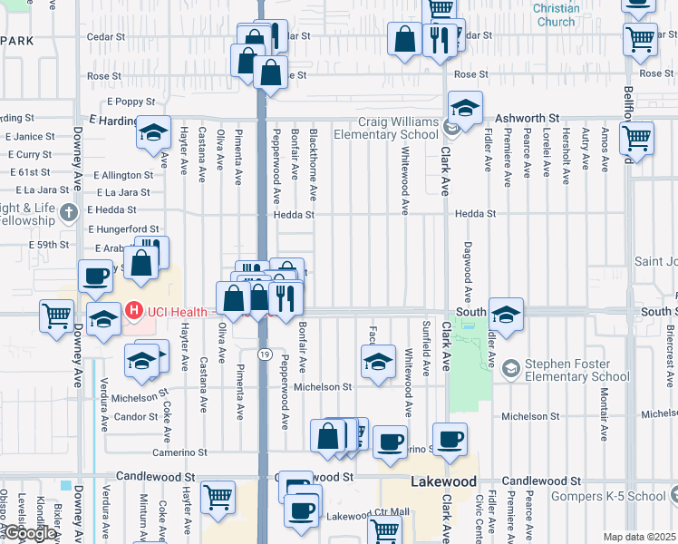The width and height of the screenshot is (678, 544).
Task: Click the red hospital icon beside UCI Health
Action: (134, 312)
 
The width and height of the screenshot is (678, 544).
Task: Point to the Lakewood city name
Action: (444, 481)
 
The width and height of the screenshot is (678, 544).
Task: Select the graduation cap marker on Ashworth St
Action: (465, 110)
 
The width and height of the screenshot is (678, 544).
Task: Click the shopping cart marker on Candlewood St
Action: (218, 497)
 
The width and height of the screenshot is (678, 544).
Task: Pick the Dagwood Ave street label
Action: (469, 270)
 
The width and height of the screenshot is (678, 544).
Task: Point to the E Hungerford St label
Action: (123, 229)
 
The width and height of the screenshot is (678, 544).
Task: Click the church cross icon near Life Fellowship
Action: (69, 214)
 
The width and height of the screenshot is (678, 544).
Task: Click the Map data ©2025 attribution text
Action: (639, 537)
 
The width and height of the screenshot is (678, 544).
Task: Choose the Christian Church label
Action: (555, 15)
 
